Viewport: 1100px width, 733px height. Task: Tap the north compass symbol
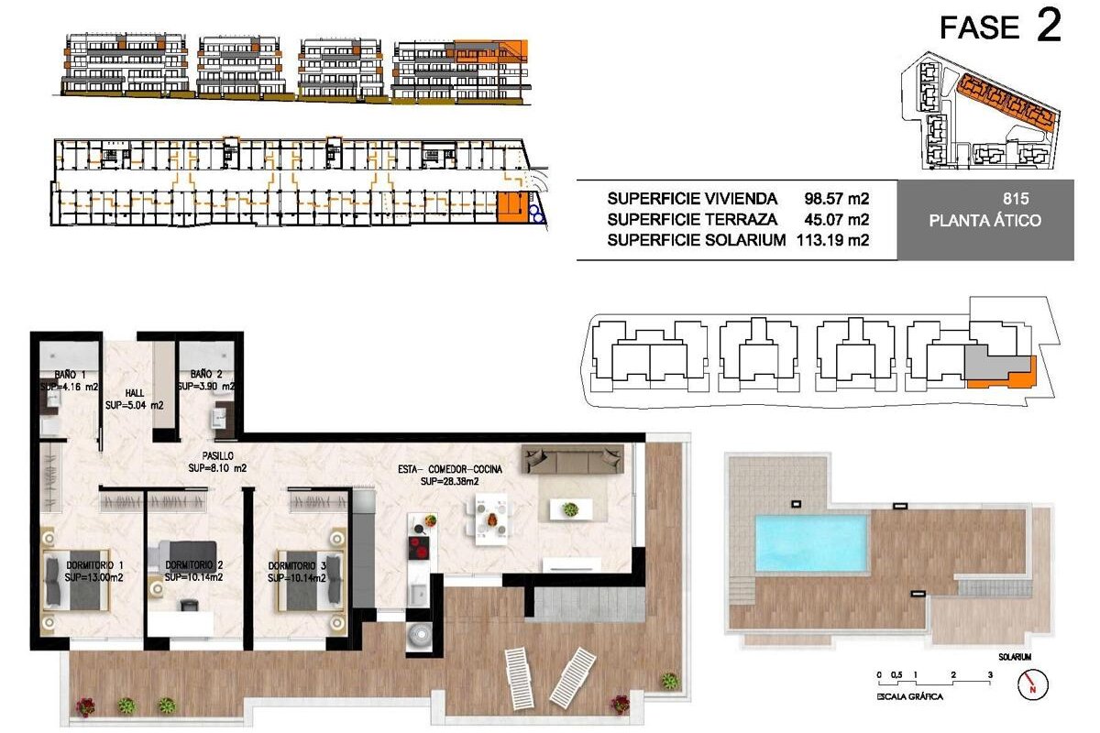(x=1033, y=684)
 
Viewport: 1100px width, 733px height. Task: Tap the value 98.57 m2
(x=836, y=198)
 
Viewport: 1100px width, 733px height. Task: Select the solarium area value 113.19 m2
(x=833, y=240)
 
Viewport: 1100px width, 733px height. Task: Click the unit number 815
(x=1016, y=198)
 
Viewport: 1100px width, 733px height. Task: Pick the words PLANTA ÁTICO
(x=984, y=220)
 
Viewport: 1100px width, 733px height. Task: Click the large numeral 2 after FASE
(x=1050, y=26)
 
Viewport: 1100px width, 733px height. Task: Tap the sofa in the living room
(x=573, y=459)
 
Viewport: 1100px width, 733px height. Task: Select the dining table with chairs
(x=491, y=520)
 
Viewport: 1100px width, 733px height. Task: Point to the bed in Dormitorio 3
(x=311, y=581)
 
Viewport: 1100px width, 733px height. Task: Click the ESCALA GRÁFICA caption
(x=910, y=696)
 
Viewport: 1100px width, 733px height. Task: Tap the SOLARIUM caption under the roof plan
(x=1015, y=657)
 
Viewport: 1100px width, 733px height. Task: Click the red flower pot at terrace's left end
(x=85, y=707)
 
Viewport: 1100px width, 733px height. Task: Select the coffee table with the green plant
(x=571, y=509)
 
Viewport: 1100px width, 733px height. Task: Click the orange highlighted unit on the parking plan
(x=512, y=207)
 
